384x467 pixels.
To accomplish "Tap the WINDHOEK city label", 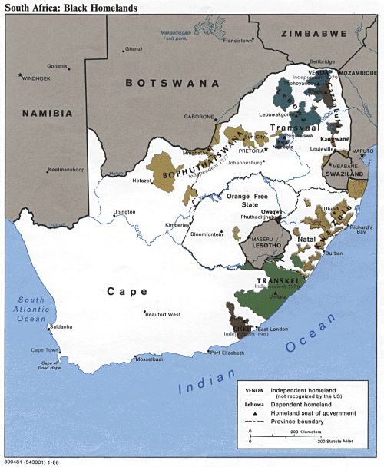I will click(36, 78).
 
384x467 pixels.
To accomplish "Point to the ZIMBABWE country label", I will click(313, 34).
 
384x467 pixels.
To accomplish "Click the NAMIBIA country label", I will click(48, 113).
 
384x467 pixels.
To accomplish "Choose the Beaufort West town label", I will click(164, 315).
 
